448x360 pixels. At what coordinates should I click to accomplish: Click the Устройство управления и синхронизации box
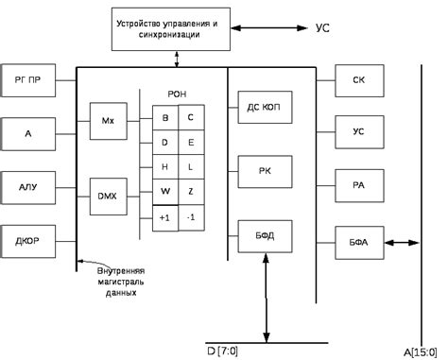coord(173,27)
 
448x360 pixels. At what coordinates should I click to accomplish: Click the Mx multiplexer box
coord(107,120)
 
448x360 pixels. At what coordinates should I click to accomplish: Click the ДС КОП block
coord(264,108)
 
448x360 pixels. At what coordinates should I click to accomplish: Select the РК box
coord(264,170)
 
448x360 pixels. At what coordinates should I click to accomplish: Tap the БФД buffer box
coord(264,232)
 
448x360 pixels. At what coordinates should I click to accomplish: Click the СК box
coord(358,80)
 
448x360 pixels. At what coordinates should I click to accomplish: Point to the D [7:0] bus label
coord(223,351)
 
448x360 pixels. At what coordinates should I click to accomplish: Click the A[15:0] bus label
coord(419,351)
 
